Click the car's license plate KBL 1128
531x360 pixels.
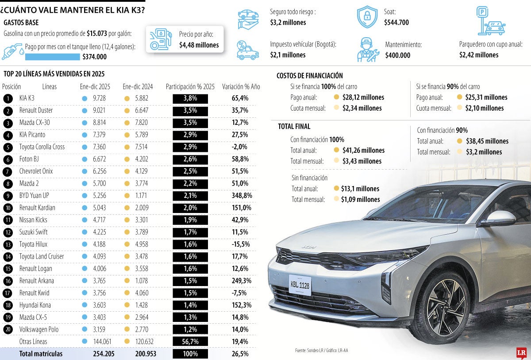click(300, 285)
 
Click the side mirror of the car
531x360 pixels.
click(499, 218)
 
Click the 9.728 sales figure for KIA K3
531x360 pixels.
click(99, 98)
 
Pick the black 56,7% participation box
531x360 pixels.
click(190, 341)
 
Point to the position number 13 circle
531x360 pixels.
click(8, 244)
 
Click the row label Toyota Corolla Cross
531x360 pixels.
click(42, 147)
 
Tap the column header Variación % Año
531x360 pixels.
click(241, 87)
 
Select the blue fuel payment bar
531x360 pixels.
click(52, 57)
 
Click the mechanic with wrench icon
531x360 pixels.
click(368, 50)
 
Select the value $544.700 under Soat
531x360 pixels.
click(396, 22)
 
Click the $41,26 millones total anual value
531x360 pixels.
click(363, 150)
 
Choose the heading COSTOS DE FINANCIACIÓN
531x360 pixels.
click(309, 76)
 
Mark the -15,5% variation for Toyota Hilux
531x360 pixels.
click(241, 244)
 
